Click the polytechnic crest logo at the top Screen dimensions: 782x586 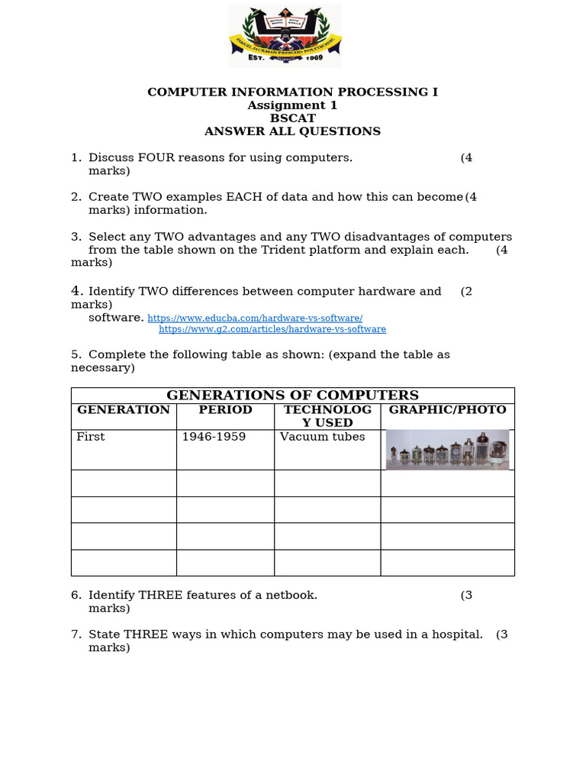click(285, 36)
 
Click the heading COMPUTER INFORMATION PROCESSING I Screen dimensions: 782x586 click(292, 92)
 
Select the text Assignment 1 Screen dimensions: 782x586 click(292, 105)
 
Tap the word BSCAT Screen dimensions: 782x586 click(292, 118)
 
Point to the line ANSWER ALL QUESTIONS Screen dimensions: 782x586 click(292, 131)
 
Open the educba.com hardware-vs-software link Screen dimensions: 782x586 click(255, 318)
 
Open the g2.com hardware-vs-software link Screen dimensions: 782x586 click(272, 329)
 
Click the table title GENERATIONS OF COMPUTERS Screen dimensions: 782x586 click(292, 396)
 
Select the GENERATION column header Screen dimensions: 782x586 click(124, 410)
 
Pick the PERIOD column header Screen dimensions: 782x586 click(225, 410)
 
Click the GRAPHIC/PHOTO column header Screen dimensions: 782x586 click(447, 410)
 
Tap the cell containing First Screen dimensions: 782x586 click(91, 437)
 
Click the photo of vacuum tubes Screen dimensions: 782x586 click(447, 449)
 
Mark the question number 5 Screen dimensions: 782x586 click(76, 354)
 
